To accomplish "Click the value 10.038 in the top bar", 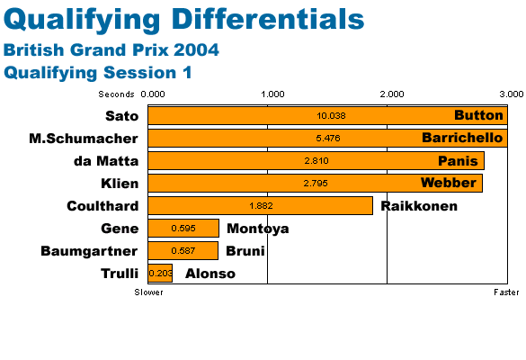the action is coord(331,116).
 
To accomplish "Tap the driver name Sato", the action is coord(121,116).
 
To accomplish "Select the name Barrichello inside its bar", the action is coord(462,138).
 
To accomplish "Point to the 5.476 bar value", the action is coord(328,138).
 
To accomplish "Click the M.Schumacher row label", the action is coord(84,139).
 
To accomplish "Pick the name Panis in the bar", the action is coord(458,161).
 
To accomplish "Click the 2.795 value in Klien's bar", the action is coord(316,184).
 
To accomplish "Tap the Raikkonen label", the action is coord(419,206).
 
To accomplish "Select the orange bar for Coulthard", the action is coord(261,205).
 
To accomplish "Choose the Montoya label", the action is coord(258,229).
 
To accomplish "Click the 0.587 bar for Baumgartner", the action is coord(183,250).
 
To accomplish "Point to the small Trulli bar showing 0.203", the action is coord(160,273).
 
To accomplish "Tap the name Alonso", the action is coord(210,274).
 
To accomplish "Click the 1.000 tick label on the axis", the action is coord(272,94).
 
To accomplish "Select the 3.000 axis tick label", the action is coord(512,94).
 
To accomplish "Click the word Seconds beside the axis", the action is coord(116,94).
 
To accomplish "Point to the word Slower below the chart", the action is coord(148,292).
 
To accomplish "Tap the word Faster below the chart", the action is coord(506,292).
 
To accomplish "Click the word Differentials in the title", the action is coord(270,20).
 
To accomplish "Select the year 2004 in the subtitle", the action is coord(196,50).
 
